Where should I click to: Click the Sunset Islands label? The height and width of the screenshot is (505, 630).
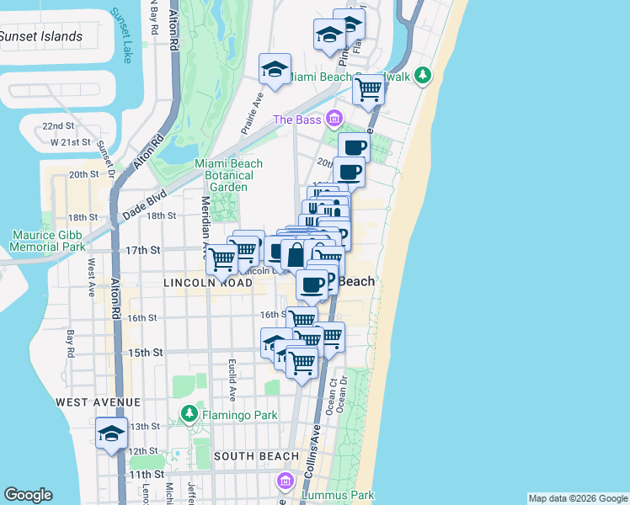tap(41, 36)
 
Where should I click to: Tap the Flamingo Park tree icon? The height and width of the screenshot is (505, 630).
tap(190, 414)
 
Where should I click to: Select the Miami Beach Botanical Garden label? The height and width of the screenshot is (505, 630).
tap(228, 175)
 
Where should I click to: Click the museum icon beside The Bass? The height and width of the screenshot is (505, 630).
tap(335, 119)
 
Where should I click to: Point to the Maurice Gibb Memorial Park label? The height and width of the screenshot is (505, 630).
tap(48, 241)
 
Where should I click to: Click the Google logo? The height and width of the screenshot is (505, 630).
tap(28, 495)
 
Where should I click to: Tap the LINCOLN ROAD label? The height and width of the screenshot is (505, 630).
tap(208, 284)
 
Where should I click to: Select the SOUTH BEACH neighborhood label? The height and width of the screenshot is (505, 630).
tap(255, 456)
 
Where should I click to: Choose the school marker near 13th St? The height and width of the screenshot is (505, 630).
tap(111, 433)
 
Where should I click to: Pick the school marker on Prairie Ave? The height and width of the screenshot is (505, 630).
tap(275, 70)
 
